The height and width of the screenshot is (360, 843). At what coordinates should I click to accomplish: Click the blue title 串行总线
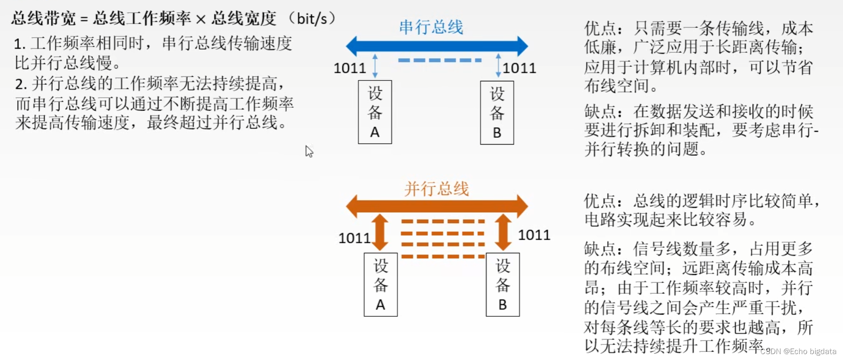coord(431,27)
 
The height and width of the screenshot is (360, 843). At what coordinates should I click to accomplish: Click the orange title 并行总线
coord(436,189)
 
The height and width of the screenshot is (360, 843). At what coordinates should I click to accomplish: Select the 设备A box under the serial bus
coord(375,112)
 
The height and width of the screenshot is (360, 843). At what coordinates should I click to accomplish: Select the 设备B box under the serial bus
coord(497,113)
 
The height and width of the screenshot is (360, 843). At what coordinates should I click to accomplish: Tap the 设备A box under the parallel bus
coord(381,285)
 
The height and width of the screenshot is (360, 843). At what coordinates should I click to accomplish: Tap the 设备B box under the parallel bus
coord(503,285)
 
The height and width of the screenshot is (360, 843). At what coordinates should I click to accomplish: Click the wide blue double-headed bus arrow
coord(436,46)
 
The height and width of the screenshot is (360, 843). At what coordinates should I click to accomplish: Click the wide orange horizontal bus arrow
coord(436,206)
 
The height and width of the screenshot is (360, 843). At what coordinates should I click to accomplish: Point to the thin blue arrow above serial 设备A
coord(375,66)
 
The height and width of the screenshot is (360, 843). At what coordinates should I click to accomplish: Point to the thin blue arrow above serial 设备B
coord(499,66)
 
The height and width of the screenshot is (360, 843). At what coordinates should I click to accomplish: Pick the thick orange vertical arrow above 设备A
coord(380,232)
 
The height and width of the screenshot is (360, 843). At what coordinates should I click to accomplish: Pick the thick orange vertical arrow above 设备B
coord(503,232)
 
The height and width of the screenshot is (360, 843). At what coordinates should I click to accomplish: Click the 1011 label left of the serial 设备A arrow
coord(349,68)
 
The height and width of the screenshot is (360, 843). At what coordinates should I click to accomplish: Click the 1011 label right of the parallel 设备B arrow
coord(534,235)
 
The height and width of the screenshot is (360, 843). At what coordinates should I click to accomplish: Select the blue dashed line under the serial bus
coord(439,60)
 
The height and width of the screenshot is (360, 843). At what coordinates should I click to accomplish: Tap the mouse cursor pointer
coord(309,150)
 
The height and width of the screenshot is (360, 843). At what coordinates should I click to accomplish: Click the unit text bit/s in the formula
coord(312,19)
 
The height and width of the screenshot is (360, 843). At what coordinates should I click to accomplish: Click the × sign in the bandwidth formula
coord(200,19)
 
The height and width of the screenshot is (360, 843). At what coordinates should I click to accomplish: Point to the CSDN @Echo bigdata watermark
coord(798,351)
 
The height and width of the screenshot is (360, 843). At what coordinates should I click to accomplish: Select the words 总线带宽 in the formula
coord(44,19)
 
